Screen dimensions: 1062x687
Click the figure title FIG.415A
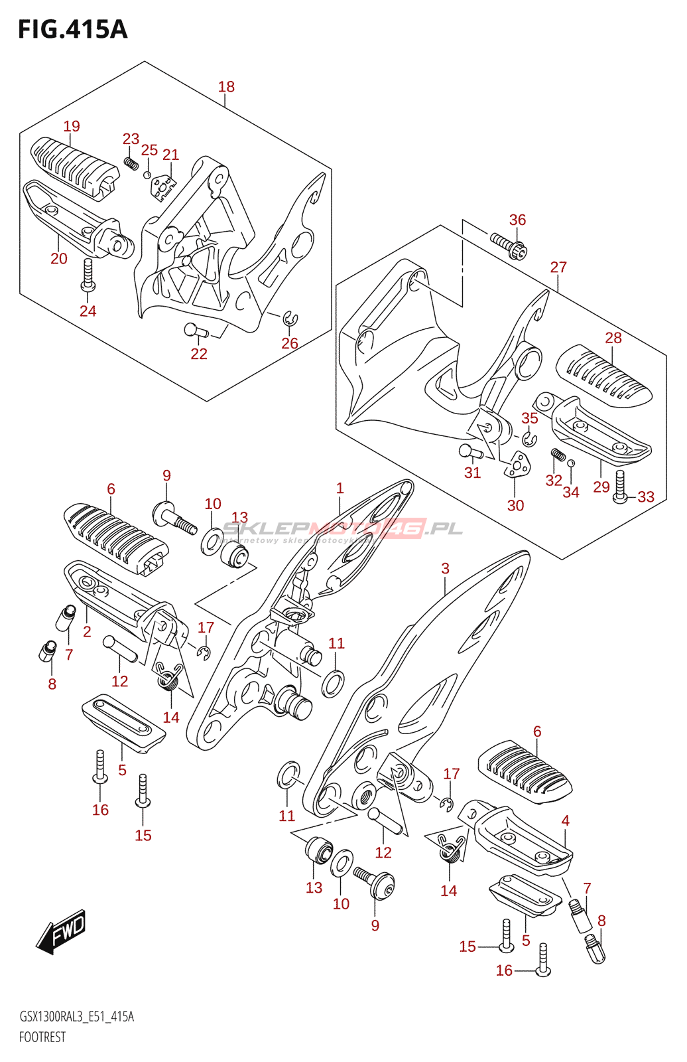point(72,30)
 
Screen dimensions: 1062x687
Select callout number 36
point(517,220)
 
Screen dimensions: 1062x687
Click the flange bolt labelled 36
point(509,246)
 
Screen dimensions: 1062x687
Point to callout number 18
point(226,86)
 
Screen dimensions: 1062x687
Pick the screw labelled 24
point(88,275)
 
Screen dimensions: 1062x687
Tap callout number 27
point(558,267)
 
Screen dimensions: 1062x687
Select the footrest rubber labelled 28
point(603,376)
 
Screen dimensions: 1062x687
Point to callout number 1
point(340,489)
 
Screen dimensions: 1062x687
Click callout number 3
point(445,568)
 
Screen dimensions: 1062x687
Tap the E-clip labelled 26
point(290,319)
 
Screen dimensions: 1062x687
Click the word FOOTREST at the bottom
point(42,1037)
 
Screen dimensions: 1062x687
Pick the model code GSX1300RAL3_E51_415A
point(76,1016)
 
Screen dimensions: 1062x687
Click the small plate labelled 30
point(517,465)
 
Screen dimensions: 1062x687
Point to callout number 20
point(59,258)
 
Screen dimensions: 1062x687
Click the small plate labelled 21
point(162,187)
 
